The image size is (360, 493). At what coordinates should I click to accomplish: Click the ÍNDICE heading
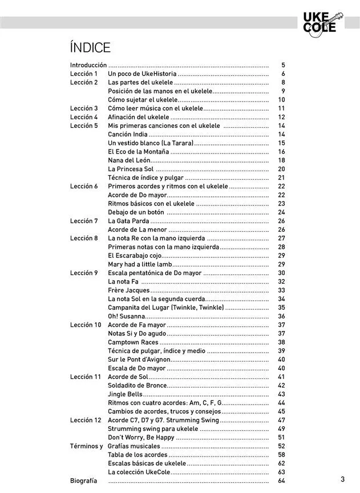[90, 47]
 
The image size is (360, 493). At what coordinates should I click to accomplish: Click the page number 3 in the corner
[342, 479]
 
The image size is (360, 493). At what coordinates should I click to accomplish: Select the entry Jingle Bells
[125, 394]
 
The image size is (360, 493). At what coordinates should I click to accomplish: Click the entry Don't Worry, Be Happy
[141, 438]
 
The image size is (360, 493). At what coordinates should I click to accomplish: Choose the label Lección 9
[84, 273]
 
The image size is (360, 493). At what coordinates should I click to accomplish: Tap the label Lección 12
[86, 421]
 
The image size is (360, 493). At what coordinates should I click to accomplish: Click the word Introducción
[88, 66]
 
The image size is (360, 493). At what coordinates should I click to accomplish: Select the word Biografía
[83, 481]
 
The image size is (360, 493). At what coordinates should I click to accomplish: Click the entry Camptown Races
[133, 342]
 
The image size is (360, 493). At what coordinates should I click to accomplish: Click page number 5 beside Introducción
[283, 66]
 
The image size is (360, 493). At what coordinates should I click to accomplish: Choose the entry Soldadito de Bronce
[137, 386]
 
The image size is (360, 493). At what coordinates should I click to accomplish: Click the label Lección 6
[84, 187]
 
